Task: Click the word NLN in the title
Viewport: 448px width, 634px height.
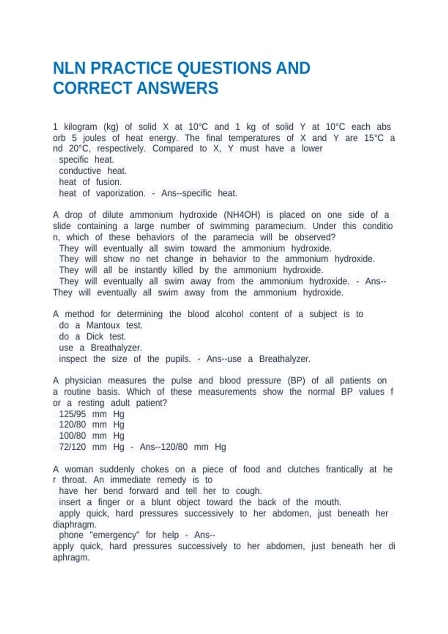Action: pyautogui.click(x=69, y=68)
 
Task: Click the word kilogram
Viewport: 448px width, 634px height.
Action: pyautogui.click(x=80, y=127)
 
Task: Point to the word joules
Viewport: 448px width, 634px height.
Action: pyautogui.click(x=94, y=138)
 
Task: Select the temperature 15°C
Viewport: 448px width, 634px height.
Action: pyautogui.click(x=374, y=138)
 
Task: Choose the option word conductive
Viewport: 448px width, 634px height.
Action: pyautogui.click(x=80, y=171)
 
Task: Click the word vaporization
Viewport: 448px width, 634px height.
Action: pyautogui.click(x=121, y=193)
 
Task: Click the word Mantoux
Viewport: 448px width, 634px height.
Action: pyautogui.click(x=103, y=325)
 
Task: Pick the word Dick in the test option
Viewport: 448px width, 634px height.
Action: pyautogui.click(x=95, y=336)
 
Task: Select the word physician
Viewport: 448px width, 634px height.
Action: pyautogui.click(x=83, y=380)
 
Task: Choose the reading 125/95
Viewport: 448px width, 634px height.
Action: pyautogui.click(x=72, y=414)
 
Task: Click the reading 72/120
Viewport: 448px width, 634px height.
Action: pyautogui.click(x=72, y=447)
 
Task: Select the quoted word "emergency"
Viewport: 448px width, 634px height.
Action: pyautogui.click(x=114, y=535)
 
